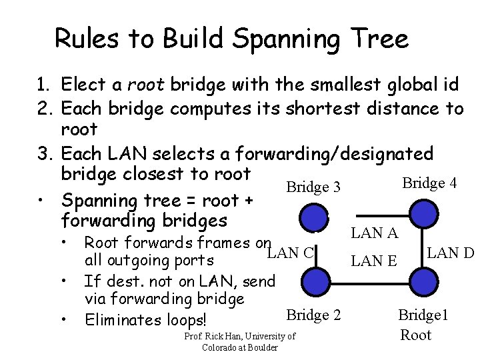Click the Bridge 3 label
tap(313, 187)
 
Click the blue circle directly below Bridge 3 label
tap(313, 217)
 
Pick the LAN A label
tap(375, 233)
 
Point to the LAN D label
tap(450, 253)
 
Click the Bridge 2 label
tap(313, 314)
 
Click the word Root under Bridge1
tap(415, 335)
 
